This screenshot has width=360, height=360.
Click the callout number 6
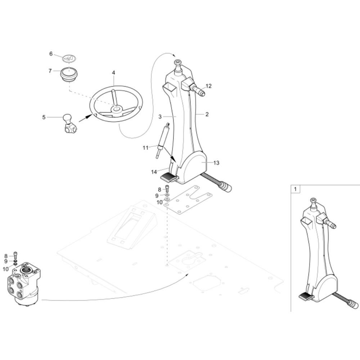[x=51, y=54]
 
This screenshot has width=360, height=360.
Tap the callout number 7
[x=50, y=71]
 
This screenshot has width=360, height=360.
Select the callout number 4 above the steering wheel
[x=113, y=73]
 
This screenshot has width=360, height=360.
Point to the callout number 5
[x=44, y=117]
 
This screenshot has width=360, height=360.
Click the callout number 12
[x=208, y=86]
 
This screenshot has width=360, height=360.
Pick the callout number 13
[x=216, y=163]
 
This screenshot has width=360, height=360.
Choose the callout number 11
[x=145, y=148]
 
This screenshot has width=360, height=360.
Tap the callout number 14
[x=154, y=172]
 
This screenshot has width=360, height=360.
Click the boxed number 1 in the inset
[x=295, y=189]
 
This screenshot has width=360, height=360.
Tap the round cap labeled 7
[x=68, y=74]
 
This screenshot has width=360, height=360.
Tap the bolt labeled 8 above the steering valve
[x=15, y=255]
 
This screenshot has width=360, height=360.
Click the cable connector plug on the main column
[x=226, y=186]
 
